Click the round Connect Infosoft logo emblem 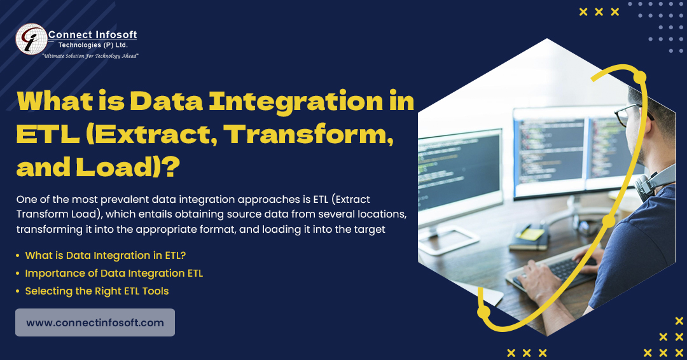click(31, 39)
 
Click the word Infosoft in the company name click(114, 34)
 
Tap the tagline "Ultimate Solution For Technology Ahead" click(90, 56)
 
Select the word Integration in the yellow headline click(296, 101)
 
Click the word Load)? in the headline click(128, 167)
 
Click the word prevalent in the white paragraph click(125, 200)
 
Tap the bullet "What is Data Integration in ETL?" click(106, 255)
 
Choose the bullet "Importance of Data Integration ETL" click(114, 273)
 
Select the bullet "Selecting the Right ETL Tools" click(97, 291)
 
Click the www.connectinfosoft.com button click(95, 322)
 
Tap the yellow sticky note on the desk click(531, 234)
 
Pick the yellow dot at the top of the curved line click(640, 78)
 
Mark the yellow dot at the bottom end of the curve click(483, 312)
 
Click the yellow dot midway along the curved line click(609, 221)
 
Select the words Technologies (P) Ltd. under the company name click(93, 45)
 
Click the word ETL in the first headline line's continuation click(48, 134)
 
